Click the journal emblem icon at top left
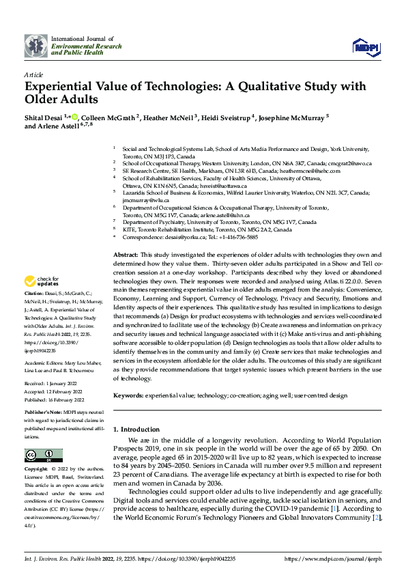[36, 46]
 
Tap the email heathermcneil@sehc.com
[321, 171]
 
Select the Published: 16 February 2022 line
[54, 399]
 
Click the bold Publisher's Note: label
[44, 413]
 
